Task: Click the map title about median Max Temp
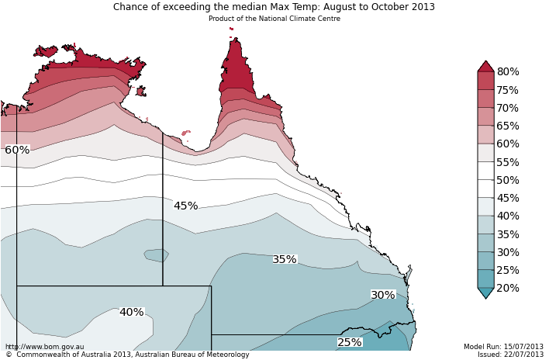[x=274, y=7]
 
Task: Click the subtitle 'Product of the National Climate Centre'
[x=274, y=19]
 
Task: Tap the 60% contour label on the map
[x=17, y=150]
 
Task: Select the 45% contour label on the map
[x=185, y=206]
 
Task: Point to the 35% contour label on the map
[x=285, y=259]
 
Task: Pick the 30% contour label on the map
[x=382, y=295]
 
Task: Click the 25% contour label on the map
[x=349, y=342]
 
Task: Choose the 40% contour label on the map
[x=131, y=312]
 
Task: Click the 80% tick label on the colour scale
[x=508, y=72]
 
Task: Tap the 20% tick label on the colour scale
[x=508, y=288]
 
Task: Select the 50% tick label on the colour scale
[x=508, y=180]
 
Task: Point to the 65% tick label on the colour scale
[x=508, y=126]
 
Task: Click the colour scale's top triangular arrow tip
[x=485, y=62]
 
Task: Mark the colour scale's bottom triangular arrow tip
[x=485, y=297]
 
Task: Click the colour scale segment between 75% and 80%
[x=485, y=81]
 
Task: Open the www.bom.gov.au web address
[x=44, y=347]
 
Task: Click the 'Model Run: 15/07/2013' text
[x=503, y=347]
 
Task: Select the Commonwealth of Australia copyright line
[x=127, y=355]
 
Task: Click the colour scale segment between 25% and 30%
[x=485, y=261]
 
